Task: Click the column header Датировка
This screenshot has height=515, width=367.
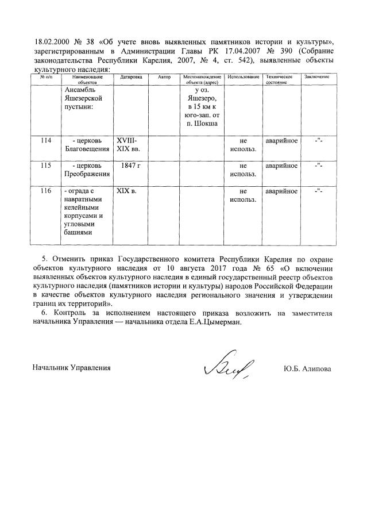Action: pyautogui.click(x=131, y=76)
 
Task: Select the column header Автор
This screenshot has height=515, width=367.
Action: pyautogui.click(x=164, y=76)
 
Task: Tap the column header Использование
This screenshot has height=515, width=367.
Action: pyautogui.click(x=243, y=76)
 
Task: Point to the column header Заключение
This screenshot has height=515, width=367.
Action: pyautogui.click(x=316, y=76)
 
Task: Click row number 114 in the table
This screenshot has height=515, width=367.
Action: pyautogui.click(x=46, y=141)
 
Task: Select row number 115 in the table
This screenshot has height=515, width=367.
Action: pyautogui.click(x=46, y=166)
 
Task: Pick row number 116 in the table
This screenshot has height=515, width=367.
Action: pyautogui.click(x=46, y=190)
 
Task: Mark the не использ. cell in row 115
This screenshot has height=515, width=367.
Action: pyautogui.click(x=243, y=170)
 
